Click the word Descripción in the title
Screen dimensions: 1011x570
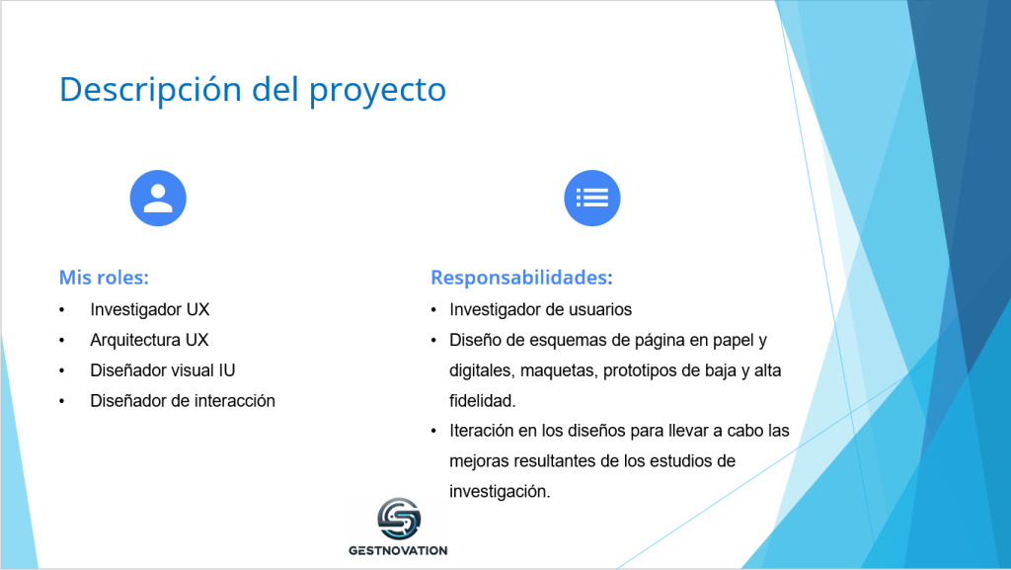click(x=150, y=90)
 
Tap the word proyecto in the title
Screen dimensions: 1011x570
click(x=378, y=91)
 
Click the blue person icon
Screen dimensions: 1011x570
click(x=158, y=198)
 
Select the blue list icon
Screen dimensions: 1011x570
click(x=592, y=198)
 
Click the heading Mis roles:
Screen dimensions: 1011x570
click(x=104, y=278)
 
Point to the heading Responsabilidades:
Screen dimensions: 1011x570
click(x=521, y=278)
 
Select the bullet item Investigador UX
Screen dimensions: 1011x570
click(x=150, y=309)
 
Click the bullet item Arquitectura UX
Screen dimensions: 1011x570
click(x=149, y=340)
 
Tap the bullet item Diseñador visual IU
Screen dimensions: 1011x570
click(x=163, y=370)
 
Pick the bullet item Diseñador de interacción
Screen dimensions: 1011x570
click(x=183, y=400)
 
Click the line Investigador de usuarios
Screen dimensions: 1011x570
click(x=540, y=309)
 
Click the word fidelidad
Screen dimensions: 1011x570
click(x=482, y=400)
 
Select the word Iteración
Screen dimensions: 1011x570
click(x=481, y=430)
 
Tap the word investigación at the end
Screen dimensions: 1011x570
click(x=500, y=491)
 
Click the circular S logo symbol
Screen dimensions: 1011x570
click(x=399, y=519)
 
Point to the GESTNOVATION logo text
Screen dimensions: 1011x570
click(x=398, y=550)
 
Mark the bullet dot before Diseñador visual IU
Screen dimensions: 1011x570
click(x=62, y=370)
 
